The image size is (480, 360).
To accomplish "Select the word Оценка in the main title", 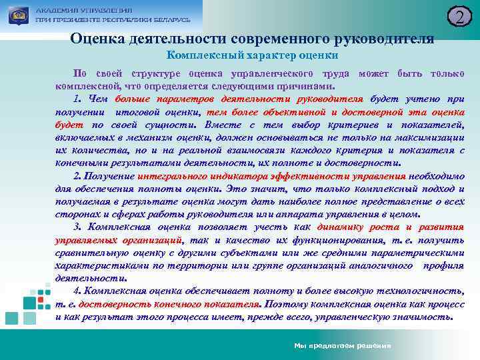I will (x=95, y=39).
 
